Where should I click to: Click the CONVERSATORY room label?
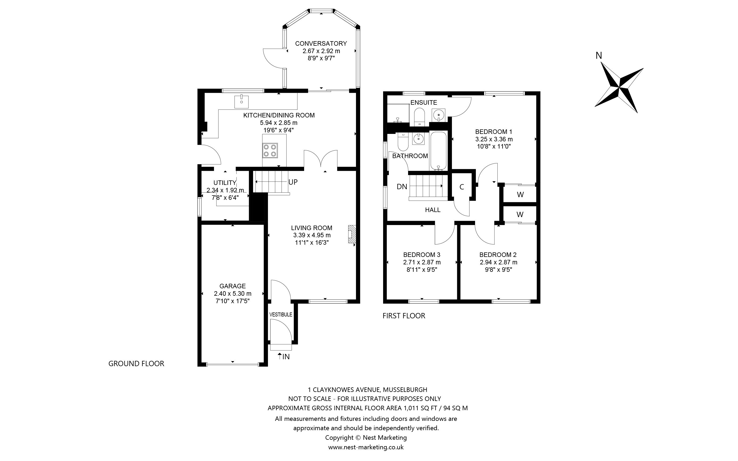click(321, 44)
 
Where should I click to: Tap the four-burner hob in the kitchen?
click(270, 150)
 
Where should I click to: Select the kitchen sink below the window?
click(241, 101)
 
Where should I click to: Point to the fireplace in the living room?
click(352, 234)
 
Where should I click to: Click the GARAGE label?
click(233, 286)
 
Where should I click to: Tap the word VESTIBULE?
click(281, 314)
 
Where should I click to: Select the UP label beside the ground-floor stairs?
click(293, 182)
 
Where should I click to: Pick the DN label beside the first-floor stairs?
click(402, 187)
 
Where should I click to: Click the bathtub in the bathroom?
click(438, 151)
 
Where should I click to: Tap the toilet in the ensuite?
click(420, 117)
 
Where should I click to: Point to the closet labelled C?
click(462, 187)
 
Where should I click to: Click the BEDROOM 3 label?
click(422, 255)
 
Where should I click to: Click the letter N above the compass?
click(599, 56)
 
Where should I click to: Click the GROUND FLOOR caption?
click(136, 363)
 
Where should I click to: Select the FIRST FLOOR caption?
click(404, 316)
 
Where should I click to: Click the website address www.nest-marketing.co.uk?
click(366, 447)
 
